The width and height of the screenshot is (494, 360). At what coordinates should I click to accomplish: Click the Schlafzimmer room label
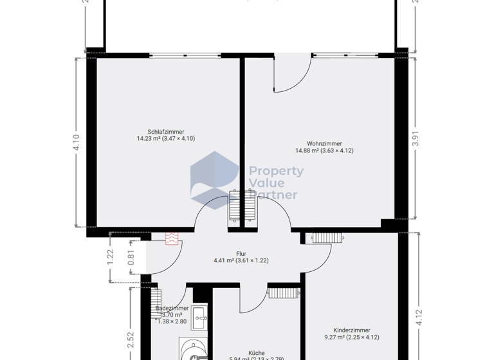pyautogui.click(x=165, y=132)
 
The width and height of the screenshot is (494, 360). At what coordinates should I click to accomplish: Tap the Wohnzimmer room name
pyautogui.click(x=324, y=144)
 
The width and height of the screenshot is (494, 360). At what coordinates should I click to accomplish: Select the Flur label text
pyautogui.click(x=241, y=254)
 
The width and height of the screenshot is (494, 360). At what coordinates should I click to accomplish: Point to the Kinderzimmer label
pyautogui.click(x=351, y=330)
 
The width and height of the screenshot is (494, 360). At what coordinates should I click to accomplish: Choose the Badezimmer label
pyautogui.click(x=172, y=309)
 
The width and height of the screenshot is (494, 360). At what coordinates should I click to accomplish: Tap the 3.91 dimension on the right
pyautogui.click(x=415, y=139)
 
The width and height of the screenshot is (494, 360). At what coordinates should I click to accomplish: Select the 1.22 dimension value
pyautogui.click(x=110, y=257)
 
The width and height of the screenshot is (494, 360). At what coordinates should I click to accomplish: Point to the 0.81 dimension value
pyautogui.click(x=132, y=257)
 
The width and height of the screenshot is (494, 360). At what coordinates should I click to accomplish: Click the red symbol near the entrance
pyautogui.click(x=171, y=239)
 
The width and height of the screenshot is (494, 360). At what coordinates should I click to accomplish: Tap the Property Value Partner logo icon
pyautogui.click(x=214, y=177)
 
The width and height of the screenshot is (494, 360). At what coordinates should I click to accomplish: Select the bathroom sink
pyautogui.click(x=200, y=314)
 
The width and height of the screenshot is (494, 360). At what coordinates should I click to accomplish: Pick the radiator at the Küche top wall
pyautogui.click(x=282, y=293)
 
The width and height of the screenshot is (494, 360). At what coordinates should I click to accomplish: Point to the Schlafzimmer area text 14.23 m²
pyautogui.click(x=149, y=138)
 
